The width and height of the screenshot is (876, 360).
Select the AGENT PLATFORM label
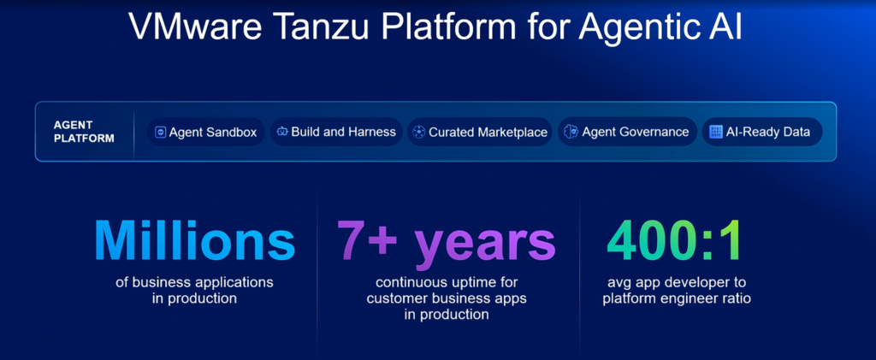tap(84, 132)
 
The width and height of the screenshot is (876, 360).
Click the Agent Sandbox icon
tap(160, 133)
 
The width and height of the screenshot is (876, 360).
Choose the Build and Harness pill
tap(336, 132)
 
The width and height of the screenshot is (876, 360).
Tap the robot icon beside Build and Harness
tap(282, 132)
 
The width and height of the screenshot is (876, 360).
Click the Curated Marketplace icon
tap(419, 133)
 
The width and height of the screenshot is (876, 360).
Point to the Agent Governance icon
tap(571, 132)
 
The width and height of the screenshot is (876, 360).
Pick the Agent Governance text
tap(636, 133)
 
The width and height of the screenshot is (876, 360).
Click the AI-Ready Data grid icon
tap(716, 132)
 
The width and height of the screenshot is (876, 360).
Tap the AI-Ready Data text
tap(767, 132)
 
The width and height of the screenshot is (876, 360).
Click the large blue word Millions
tap(194, 240)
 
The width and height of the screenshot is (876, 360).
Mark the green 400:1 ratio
tap(673, 240)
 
